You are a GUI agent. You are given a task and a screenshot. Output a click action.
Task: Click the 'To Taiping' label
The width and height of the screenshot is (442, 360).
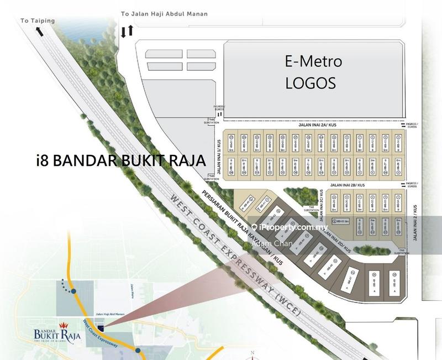38,21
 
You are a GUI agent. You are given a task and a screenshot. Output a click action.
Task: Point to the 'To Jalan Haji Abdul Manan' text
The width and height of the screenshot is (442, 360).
165,14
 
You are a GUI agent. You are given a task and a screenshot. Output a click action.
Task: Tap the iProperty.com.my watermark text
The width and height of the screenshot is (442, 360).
293,227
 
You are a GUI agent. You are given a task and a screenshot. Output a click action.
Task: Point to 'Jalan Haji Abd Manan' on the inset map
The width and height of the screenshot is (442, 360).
108,312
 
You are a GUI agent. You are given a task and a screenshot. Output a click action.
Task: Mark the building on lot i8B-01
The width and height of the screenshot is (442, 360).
231,142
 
